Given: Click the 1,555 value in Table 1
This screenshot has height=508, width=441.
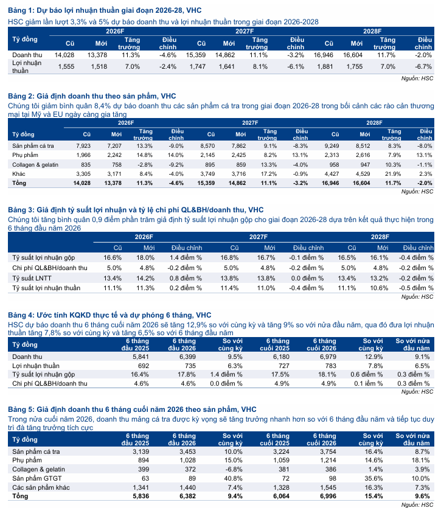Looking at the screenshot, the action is pos(66,66).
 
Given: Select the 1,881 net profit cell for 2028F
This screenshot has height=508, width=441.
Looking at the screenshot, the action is pos(325,66).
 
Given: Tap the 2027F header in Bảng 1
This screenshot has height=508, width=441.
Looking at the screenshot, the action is pos(245,31).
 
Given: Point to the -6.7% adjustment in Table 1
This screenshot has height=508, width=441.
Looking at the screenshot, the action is pos(423,66).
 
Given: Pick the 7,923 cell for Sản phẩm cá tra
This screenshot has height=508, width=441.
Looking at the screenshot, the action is pos(83,146).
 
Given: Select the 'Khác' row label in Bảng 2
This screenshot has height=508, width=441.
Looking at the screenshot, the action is pos(19,173).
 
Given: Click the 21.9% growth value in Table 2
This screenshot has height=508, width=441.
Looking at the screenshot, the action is pos(393,173).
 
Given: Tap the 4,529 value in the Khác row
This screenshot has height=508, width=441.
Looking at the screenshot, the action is pos(363,173).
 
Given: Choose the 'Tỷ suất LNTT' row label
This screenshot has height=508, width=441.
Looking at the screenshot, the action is pos(32,278).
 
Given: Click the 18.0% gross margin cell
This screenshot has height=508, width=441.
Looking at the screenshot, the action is pos(145,257).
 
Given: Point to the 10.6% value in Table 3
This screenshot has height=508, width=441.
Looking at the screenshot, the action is pos(379,288).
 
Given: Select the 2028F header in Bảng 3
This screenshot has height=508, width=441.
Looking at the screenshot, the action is pos(380,237).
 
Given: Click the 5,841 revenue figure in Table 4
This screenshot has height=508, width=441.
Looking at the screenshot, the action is pos(141,357).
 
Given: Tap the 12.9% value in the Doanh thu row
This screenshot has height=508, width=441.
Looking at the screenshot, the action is pos(373,357).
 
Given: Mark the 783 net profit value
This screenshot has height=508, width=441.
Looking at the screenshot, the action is pos(330,366).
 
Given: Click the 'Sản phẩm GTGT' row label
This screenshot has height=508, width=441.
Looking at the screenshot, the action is pos(37,478).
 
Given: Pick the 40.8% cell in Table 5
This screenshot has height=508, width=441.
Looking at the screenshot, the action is pos(234,478).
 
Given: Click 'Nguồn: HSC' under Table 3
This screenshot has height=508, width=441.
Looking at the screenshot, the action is pos(417,297).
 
